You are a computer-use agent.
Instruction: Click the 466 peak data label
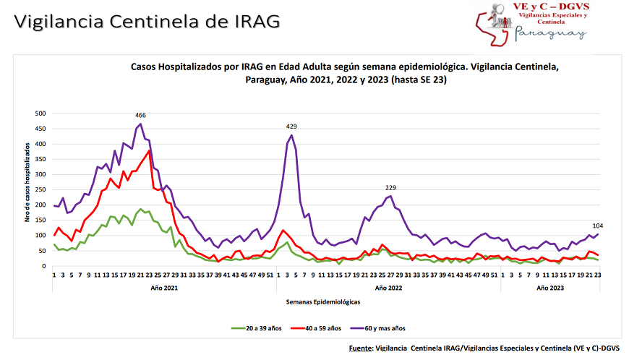point(141,116)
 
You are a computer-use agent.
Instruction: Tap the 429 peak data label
point(292,127)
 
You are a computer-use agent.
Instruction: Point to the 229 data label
point(391,188)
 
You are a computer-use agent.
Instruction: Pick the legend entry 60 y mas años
point(384,327)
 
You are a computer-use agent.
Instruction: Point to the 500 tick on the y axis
point(40,113)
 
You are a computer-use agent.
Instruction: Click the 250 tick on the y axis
point(40,190)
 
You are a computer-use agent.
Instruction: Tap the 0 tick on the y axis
point(44,266)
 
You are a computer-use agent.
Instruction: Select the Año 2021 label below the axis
point(165,288)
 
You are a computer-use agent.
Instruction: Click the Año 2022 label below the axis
point(390,288)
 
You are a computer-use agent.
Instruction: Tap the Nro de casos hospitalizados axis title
point(27,190)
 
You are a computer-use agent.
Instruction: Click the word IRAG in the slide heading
point(257,21)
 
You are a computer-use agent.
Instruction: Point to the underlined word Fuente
point(360,348)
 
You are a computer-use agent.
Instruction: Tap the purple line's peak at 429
point(291,135)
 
